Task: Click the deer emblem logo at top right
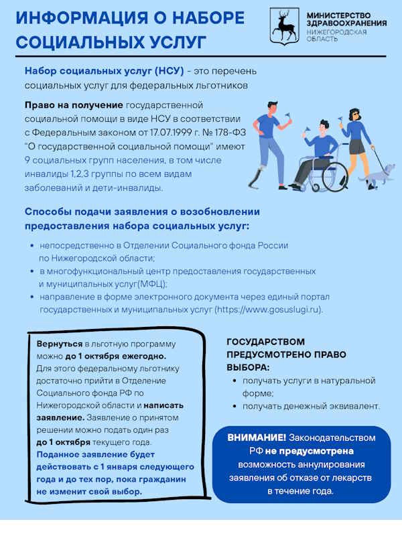(x=285, y=27)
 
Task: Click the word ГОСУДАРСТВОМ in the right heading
(x=265, y=342)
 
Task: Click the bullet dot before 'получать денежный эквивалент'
(x=234, y=406)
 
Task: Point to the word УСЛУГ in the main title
(x=170, y=42)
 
